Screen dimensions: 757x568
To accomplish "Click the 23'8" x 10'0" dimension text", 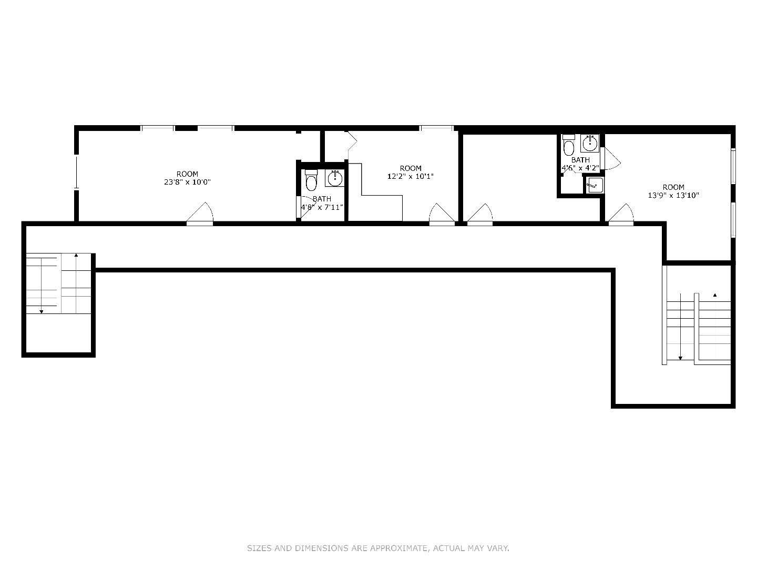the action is click(x=187, y=182).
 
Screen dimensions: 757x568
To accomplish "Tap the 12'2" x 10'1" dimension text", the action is click(x=410, y=177).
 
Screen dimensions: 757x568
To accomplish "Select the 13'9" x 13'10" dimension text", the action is click(x=673, y=196).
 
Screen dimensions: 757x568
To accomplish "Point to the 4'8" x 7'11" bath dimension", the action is click(x=322, y=207).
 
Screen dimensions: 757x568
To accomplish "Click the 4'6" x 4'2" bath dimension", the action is click(x=580, y=168).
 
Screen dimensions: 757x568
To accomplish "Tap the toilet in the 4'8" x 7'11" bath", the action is click(x=311, y=180).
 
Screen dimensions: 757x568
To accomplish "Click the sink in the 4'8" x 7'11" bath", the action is click(x=334, y=178).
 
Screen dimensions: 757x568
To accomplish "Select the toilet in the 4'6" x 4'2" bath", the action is click(x=569, y=146).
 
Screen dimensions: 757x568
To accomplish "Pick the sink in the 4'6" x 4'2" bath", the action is click(x=590, y=143).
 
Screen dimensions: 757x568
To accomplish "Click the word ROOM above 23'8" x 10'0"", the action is click(x=187, y=174).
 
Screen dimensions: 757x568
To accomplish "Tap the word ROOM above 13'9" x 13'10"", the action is click(x=673, y=187).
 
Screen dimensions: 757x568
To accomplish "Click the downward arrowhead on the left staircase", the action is click(x=42, y=312).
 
